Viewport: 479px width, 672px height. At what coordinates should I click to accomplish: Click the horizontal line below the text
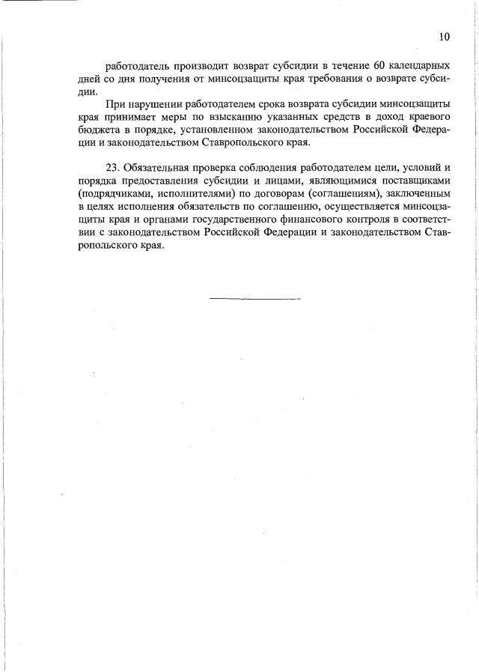pos(254,299)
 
